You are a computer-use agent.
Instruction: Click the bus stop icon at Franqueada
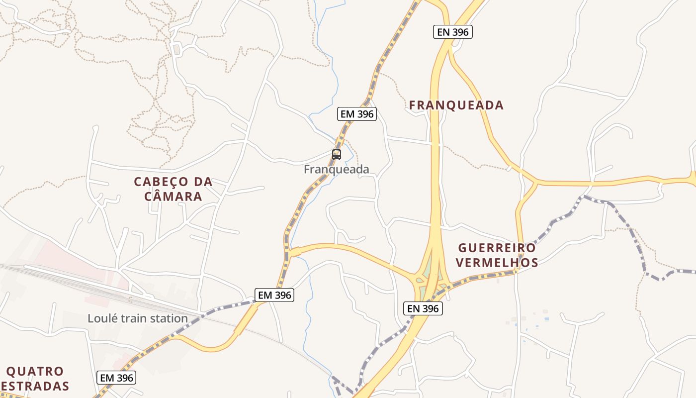337,154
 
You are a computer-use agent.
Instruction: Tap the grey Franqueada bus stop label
337,170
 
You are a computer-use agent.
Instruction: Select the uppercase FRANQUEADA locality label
456,105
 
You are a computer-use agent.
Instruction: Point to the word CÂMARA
174,197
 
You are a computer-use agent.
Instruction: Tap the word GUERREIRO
497,248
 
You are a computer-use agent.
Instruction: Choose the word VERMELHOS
497,262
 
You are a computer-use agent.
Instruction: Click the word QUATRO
35,372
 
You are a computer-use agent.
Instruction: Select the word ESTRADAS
35,386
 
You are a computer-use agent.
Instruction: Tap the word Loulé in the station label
101,318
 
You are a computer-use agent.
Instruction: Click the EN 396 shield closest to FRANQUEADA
452,32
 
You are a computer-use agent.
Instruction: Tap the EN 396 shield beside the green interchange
423,308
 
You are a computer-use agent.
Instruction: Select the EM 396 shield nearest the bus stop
357,114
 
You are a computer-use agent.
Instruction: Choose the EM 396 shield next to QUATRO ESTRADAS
117,378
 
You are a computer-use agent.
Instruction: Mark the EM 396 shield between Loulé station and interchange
275,295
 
